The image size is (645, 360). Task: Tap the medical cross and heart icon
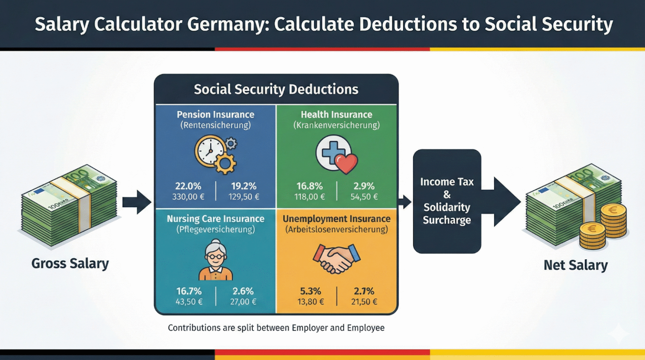click(336, 154)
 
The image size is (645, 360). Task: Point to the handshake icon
click(336, 258)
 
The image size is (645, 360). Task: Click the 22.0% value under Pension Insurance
click(188, 186)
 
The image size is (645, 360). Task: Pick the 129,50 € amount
click(244, 197)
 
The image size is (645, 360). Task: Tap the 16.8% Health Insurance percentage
click(309, 186)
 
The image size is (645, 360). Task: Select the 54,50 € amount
click(364, 197)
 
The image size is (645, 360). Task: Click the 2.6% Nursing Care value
click(243, 291)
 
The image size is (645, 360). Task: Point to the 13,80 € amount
click(311, 302)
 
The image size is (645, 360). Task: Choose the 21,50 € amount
click(364, 302)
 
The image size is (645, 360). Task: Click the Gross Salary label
click(70, 263)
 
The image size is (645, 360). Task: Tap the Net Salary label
click(576, 265)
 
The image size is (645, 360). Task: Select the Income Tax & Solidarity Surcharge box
click(447, 201)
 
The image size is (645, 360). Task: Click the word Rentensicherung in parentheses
click(215, 125)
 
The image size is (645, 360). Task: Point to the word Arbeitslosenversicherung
click(336, 229)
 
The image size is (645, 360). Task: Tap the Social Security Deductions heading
click(276, 89)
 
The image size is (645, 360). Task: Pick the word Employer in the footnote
click(309, 328)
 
